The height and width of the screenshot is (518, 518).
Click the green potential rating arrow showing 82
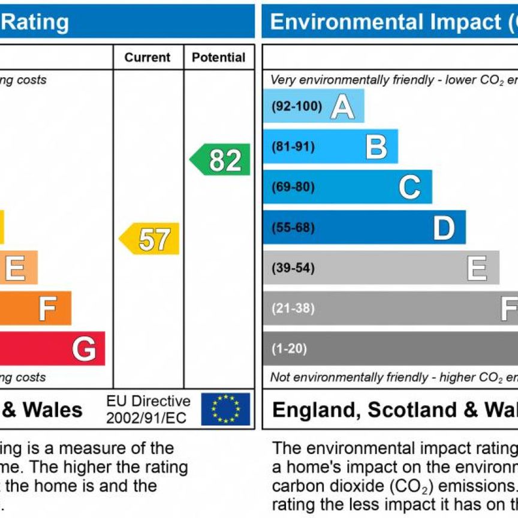click(221, 160)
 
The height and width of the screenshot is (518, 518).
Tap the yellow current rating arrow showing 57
click(150, 239)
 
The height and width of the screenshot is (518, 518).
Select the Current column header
click(147, 58)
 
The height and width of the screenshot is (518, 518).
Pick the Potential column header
click(219, 58)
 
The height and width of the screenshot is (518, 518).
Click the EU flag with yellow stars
click(225, 409)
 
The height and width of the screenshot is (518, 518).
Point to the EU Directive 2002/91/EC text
click(148, 409)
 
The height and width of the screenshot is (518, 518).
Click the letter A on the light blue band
click(342, 107)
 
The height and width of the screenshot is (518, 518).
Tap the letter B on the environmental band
click(377, 147)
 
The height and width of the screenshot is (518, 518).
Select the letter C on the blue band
click(409, 187)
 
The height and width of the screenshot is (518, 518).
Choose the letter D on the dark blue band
click(444, 228)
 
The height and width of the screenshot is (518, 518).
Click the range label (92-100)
click(296, 107)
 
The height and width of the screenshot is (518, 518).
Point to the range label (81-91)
click(293, 147)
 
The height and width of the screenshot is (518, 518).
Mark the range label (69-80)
click(293, 187)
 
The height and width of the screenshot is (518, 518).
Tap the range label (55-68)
click(293, 228)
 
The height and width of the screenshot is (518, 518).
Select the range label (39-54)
click(293, 268)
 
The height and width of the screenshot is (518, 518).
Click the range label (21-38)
click(293, 309)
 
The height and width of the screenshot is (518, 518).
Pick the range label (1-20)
click(289, 349)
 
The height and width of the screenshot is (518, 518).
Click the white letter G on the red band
click(84, 349)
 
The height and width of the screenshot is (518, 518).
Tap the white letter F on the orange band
click(47, 309)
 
